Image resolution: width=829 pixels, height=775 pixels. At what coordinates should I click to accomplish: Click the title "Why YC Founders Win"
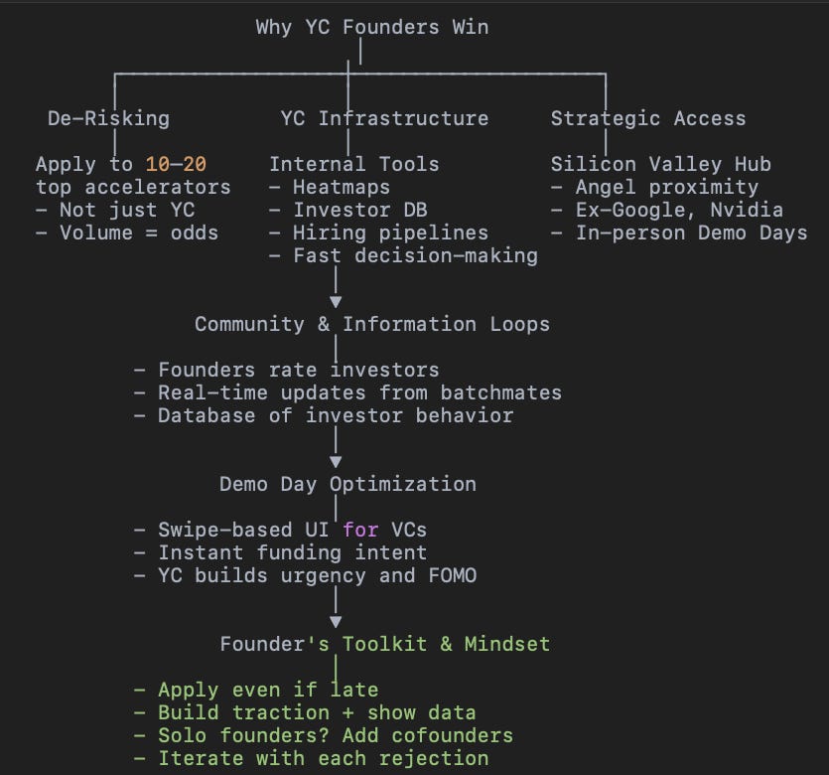tap(371, 27)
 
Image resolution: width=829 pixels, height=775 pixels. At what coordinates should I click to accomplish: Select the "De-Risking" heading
tap(108, 118)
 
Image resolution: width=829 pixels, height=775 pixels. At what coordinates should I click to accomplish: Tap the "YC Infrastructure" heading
tap(384, 118)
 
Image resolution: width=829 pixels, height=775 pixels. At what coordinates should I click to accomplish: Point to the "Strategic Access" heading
tap(648, 118)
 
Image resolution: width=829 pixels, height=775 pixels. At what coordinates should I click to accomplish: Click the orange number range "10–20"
tap(176, 164)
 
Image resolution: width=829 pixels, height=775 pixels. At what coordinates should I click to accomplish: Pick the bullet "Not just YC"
tap(127, 210)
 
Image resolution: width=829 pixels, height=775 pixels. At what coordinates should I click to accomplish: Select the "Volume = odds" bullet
tap(139, 232)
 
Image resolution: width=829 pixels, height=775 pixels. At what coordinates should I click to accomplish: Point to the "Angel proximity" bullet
tap(666, 187)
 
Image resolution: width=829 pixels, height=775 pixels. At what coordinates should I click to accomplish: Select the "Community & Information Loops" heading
tap(372, 324)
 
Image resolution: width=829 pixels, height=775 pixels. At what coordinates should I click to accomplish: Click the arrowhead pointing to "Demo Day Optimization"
tap(336, 461)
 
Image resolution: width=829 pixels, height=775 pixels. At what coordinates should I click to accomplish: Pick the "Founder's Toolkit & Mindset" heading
tap(384, 644)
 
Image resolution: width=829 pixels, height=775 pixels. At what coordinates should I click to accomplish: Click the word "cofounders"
tap(452, 735)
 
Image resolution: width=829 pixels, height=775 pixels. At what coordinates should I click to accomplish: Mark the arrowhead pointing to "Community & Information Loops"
tap(336, 301)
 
